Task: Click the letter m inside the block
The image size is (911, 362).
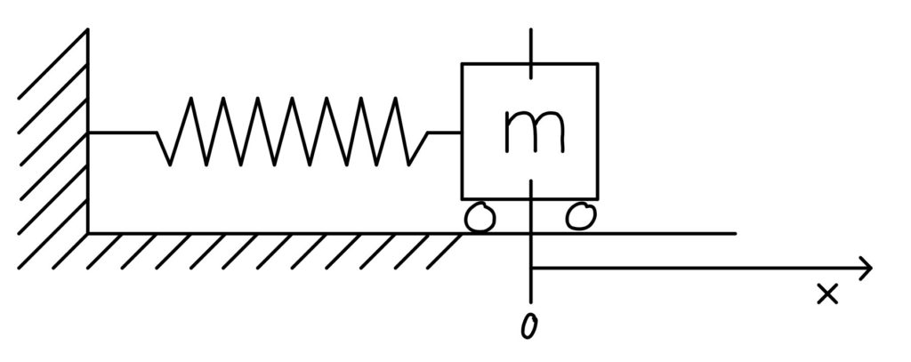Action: tap(535, 131)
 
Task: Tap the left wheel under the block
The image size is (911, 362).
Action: tap(480, 218)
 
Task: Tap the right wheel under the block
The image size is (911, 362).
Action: tap(582, 216)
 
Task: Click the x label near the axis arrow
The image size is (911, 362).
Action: tap(828, 294)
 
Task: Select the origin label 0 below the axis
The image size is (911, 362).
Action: tap(528, 326)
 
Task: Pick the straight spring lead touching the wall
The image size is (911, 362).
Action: tap(122, 133)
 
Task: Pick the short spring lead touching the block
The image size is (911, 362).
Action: tap(445, 133)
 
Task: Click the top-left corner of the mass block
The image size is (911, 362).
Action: tap(463, 64)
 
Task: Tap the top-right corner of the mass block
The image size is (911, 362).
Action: tap(598, 64)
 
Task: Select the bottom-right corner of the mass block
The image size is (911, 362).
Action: tap(598, 198)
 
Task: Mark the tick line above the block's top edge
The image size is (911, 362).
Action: tap(531, 45)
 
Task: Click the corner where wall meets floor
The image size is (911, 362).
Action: tap(88, 234)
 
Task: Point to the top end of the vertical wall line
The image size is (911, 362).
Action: tap(88, 28)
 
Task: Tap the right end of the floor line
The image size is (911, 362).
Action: tap(736, 234)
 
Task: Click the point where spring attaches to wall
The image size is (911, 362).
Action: tap(88, 133)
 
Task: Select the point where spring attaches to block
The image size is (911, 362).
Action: tap(463, 133)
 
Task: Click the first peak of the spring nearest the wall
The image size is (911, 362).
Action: tap(189, 98)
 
